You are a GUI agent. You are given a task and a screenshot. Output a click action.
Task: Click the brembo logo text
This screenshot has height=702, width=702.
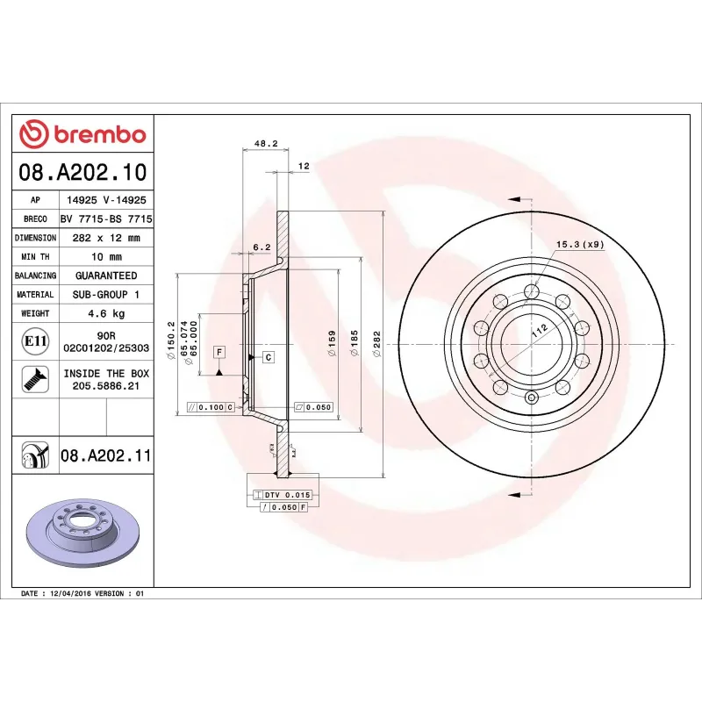pos(98,134)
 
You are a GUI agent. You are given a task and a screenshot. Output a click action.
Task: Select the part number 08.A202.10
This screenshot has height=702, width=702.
pos(82,172)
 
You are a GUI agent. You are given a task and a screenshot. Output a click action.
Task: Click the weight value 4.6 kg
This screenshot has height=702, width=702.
pos(106,313)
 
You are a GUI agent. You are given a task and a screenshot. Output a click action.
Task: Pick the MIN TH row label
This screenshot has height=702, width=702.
pos(36,257)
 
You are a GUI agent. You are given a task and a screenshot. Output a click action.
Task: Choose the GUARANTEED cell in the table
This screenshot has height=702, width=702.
pos(106,276)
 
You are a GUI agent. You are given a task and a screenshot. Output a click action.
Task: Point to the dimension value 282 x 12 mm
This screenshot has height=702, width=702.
pos(106,238)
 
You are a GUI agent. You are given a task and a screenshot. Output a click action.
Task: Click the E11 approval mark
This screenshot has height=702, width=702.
pos(36,340)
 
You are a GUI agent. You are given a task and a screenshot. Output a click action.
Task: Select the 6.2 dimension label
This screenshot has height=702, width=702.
pos(261,247)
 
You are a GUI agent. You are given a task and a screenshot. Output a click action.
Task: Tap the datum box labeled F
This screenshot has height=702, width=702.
pos(218,351)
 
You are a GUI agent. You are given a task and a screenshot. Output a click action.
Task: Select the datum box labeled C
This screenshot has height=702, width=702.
pos(268,356)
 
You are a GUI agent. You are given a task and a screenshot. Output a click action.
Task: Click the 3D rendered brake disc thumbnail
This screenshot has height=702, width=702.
pos(82,535)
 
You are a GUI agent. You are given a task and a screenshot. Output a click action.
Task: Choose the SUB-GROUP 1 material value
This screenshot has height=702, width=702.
pos(106,295)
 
